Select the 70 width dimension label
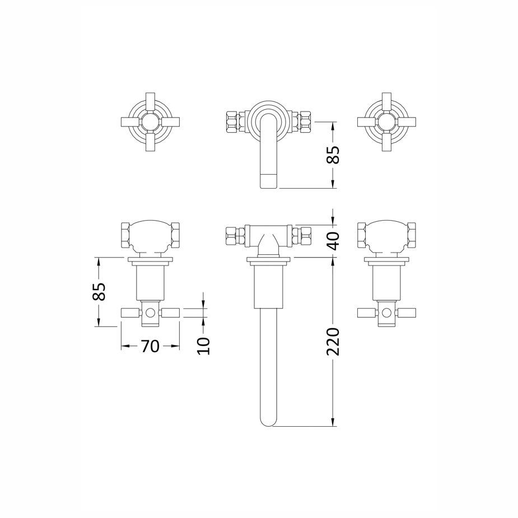point(150,346)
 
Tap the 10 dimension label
point(203,346)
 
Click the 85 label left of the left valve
point(99,292)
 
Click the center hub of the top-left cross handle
point(150,122)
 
